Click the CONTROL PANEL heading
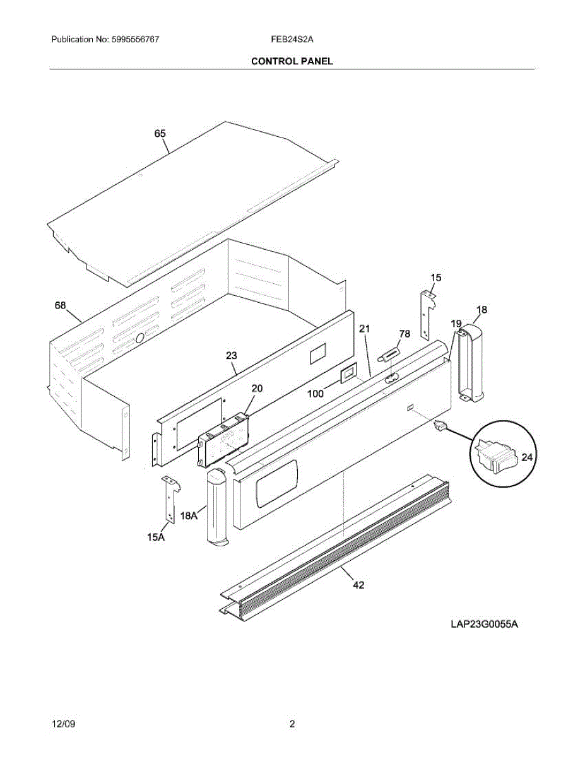[292, 61]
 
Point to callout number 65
[160, 134]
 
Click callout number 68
[61, 306]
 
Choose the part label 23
[231, 356]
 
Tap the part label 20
[257, 389]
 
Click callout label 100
[315, 394]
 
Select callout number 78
[405, 334]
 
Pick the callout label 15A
[156, 537]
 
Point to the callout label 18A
[189, 516]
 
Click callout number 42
[358, 585]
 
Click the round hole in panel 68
[140, 339]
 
